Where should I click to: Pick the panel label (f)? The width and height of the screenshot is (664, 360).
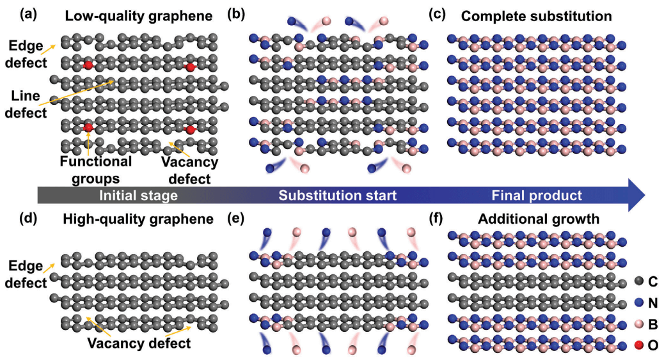440,220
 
